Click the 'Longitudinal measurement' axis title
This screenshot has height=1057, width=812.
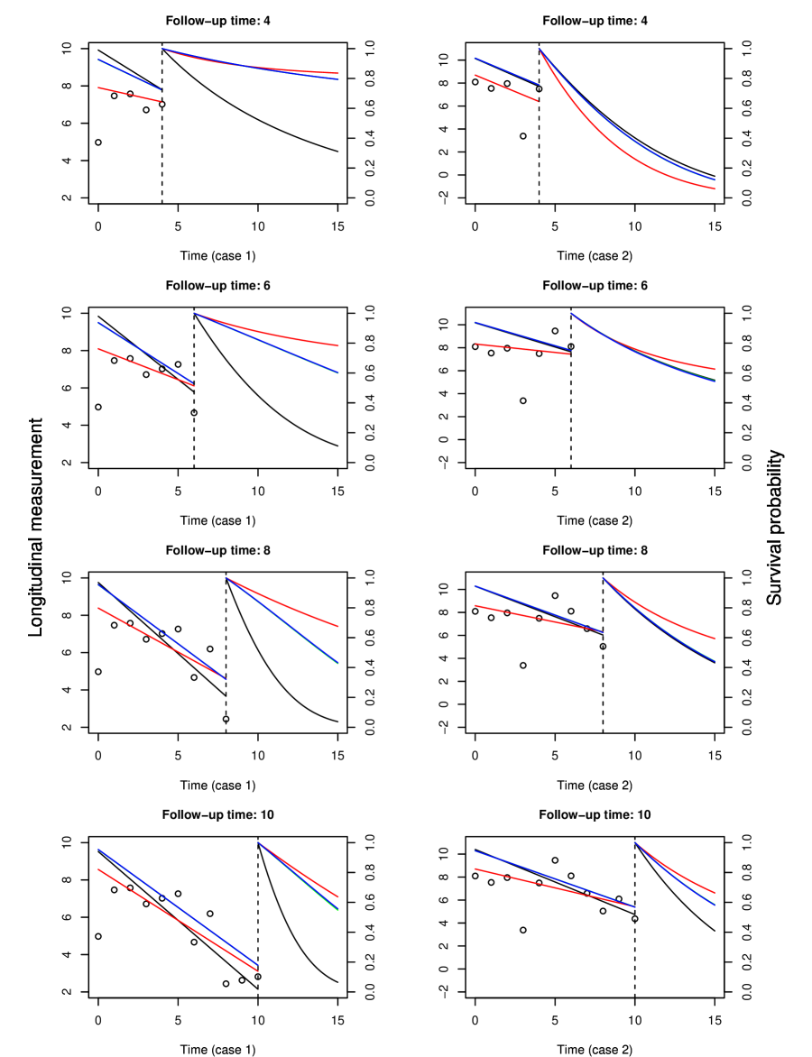tap(36, 528)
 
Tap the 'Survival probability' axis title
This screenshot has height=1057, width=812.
tap(774, 528)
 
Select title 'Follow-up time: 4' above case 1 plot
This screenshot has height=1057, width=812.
tap(217, 20)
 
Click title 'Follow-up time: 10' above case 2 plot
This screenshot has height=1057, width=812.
tap(594, 814)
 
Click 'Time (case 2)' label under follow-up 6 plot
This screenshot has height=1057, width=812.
tap(595, 520)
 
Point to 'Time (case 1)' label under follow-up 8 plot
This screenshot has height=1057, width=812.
tap(217, 785)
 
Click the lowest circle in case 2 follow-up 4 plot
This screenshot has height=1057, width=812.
tap(523, 136)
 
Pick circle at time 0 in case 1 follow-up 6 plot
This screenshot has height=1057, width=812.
tap(98, 407)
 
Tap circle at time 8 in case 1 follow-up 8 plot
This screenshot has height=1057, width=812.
tap(226, 719)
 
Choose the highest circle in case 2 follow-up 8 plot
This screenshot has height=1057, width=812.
tap(555, 595)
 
